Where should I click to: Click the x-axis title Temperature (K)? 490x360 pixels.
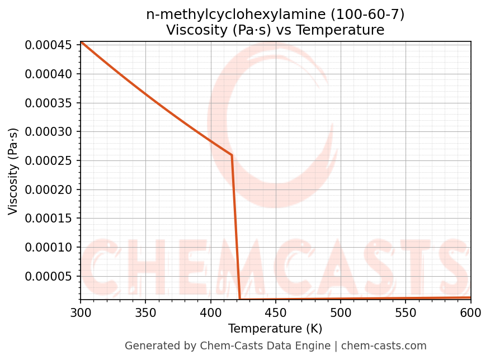275,329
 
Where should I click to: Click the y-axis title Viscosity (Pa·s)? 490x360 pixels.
13,171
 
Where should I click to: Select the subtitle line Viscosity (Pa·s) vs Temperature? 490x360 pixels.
275,30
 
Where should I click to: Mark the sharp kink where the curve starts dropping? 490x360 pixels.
232,155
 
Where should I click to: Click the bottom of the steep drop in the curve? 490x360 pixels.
240,300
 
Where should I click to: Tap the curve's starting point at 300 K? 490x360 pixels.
81,42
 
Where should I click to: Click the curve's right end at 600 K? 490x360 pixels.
470,297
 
